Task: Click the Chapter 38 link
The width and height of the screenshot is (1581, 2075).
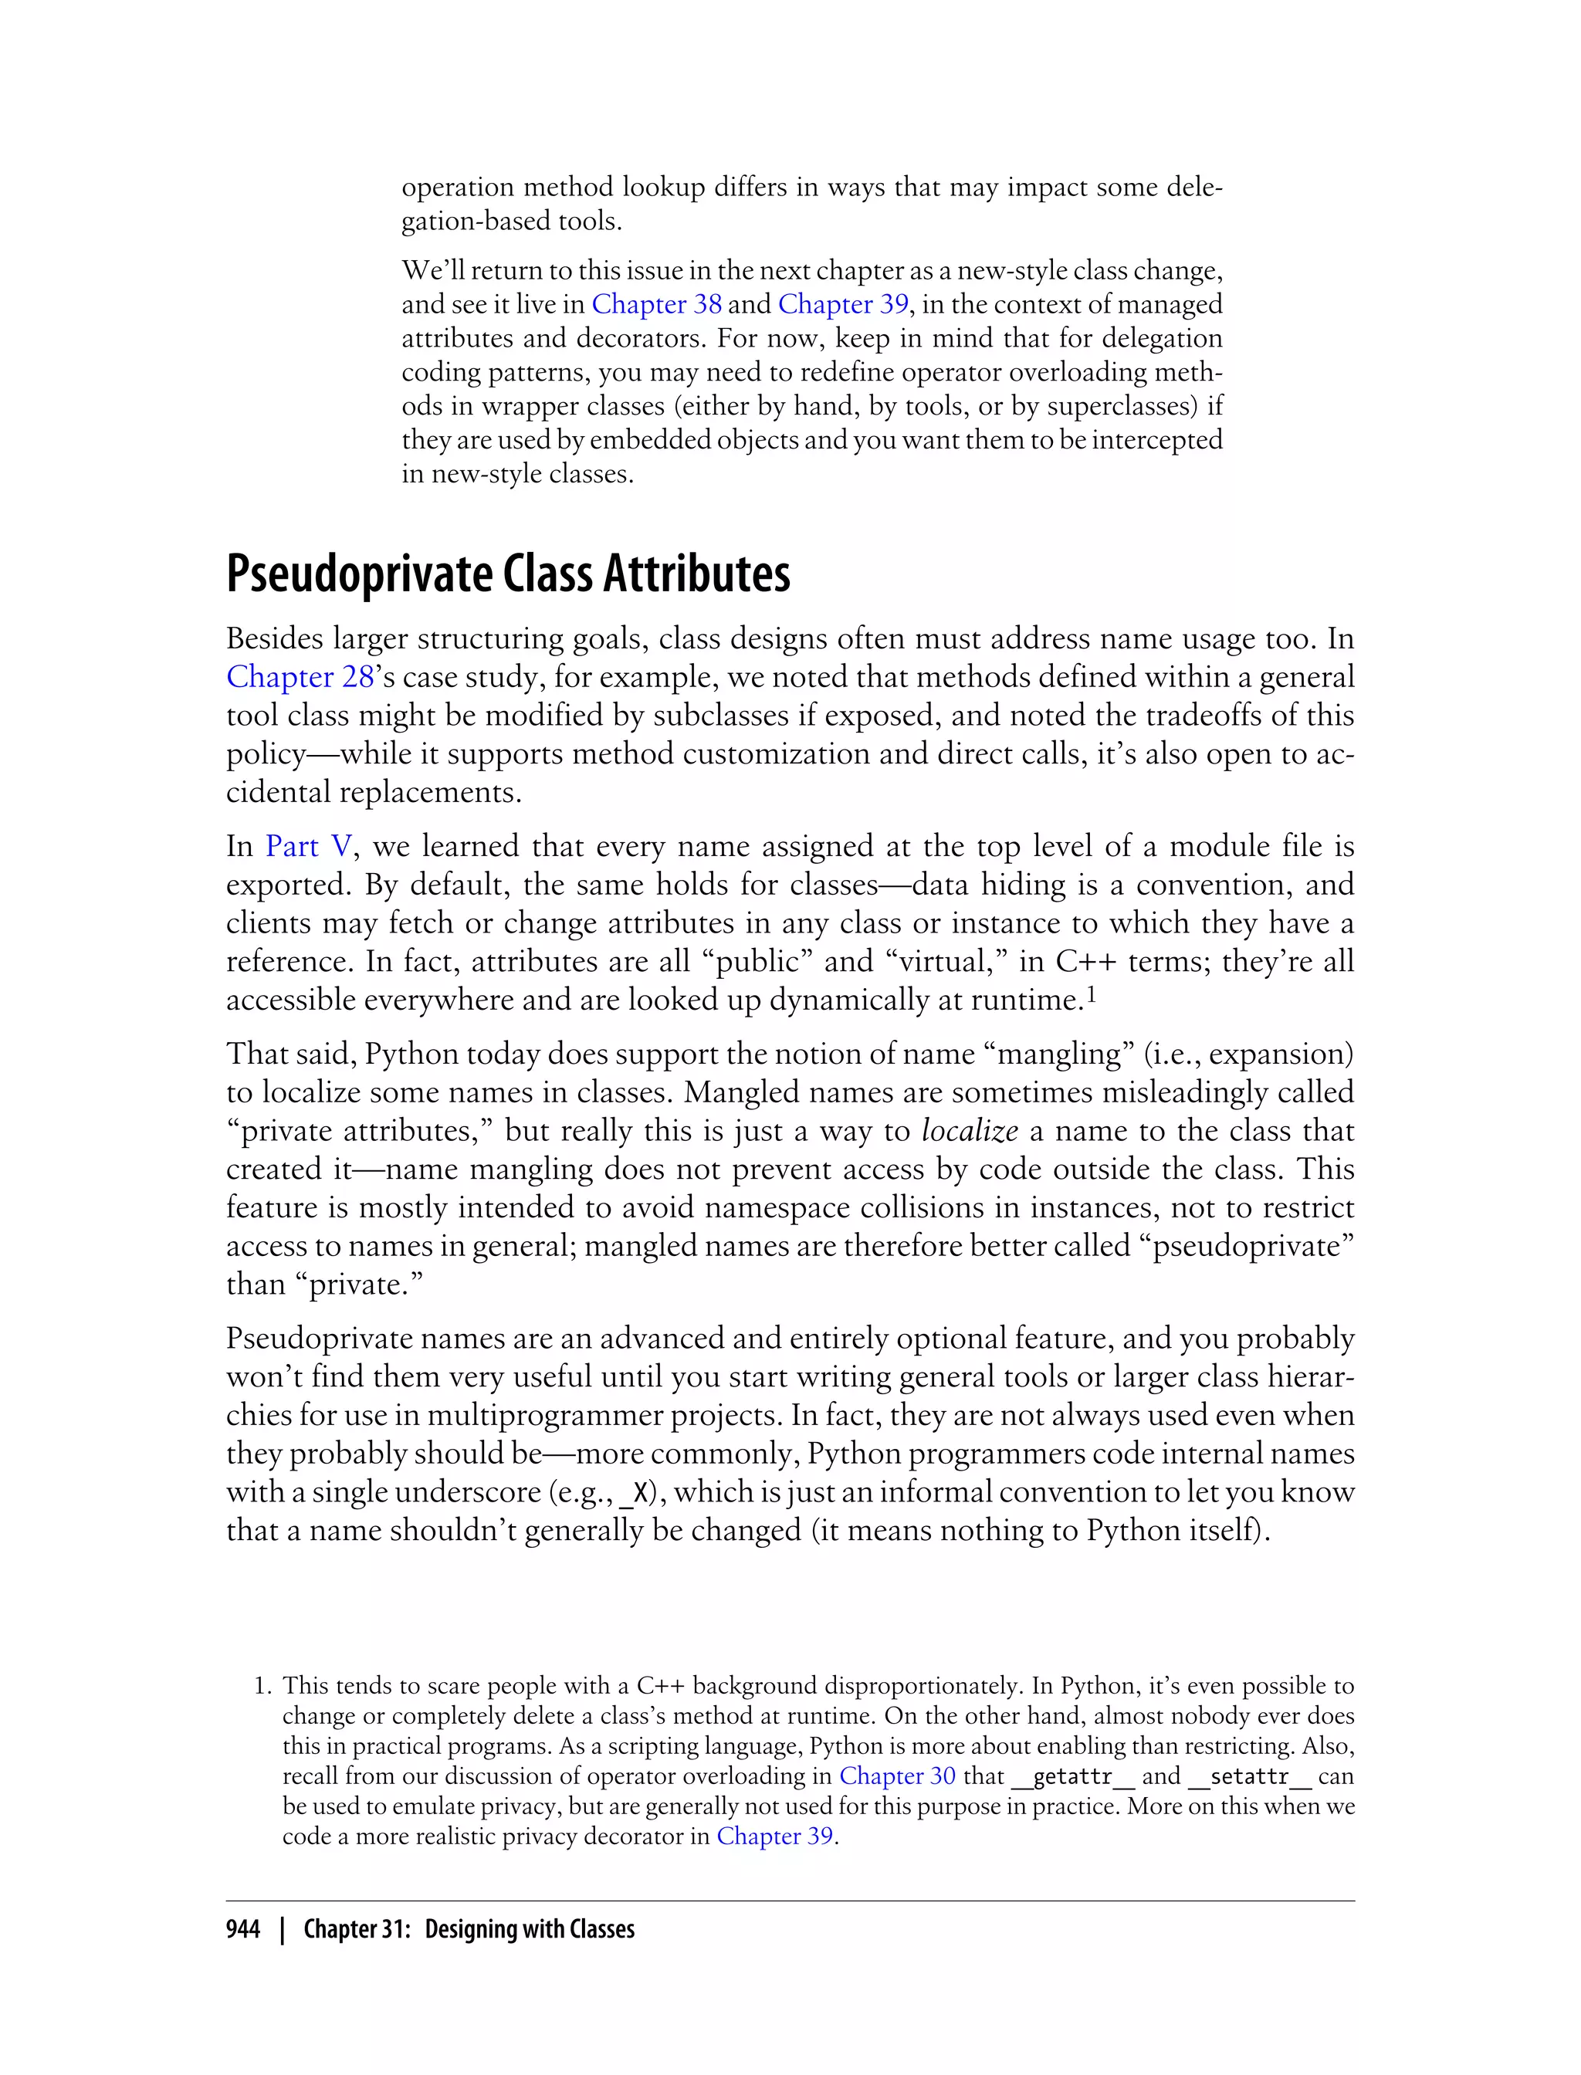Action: (x=657, y=304)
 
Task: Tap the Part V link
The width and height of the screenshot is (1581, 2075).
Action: (x=309, y=846)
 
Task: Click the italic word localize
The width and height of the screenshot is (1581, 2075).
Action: (x=970, y=1130)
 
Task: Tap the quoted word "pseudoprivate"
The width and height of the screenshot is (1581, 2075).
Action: (x=1246, y=1246)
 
